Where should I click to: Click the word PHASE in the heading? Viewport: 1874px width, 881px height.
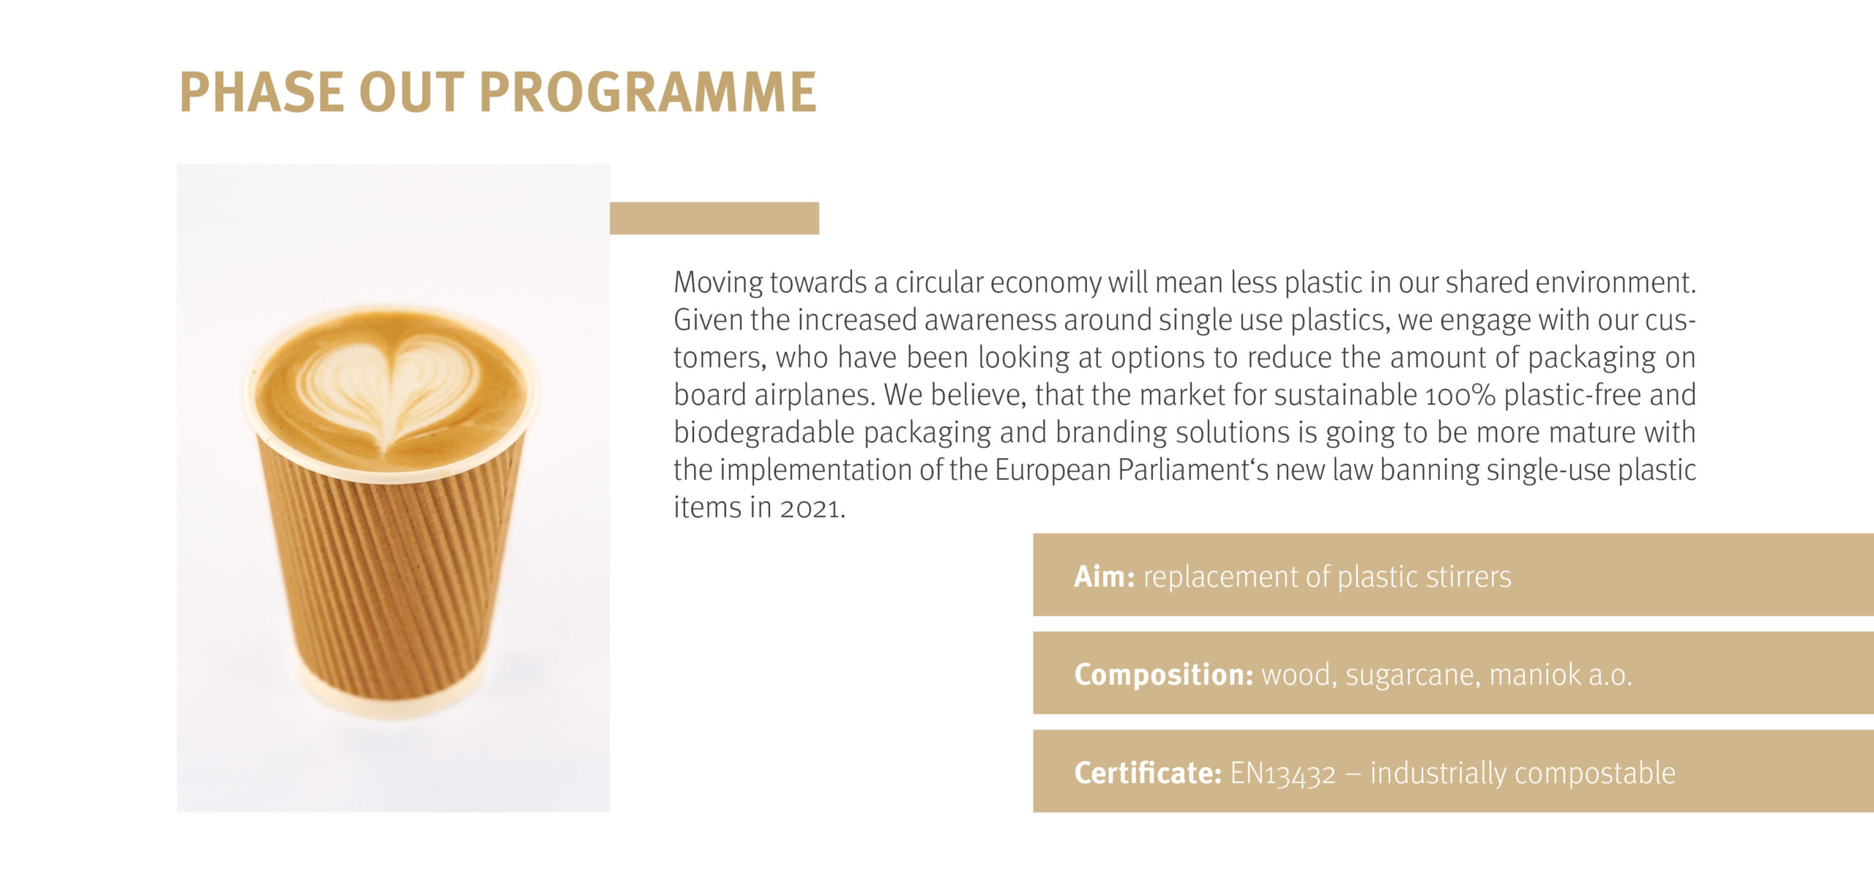[x=261, y=92]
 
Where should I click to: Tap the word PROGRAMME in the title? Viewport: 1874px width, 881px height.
[x=648, y=92]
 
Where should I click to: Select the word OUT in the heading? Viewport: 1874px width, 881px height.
[x=411, y=92]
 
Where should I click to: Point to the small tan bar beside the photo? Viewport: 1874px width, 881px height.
[x=714, y=218]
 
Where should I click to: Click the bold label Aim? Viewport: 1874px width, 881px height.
[x=1105, y=577]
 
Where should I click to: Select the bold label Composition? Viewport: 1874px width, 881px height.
[x=1164, y=675]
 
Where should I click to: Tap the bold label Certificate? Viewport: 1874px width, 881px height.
[x=1148, y=773]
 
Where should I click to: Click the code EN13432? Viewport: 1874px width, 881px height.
[x=1283, y=773]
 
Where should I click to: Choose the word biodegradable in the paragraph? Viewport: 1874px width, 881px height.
[x=764, y=432]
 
